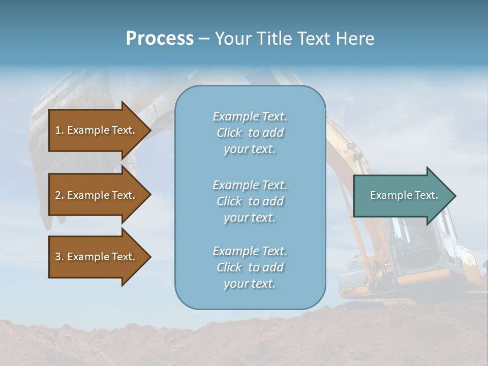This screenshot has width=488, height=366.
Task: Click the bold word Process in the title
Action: (160, 39)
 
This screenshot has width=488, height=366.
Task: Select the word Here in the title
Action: (354, 39)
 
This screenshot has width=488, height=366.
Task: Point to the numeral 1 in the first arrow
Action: (58, 130)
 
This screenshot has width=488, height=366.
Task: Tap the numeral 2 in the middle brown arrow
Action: (58, 195)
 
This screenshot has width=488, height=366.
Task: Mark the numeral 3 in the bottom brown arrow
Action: (58, 257)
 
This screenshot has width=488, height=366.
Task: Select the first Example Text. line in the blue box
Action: (250, 116)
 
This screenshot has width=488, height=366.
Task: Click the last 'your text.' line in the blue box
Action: (250, 284)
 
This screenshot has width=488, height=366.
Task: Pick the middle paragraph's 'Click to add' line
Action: (250, 201)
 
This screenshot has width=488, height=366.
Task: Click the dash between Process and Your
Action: (204, 39)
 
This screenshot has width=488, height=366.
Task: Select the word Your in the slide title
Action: (234, 39)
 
